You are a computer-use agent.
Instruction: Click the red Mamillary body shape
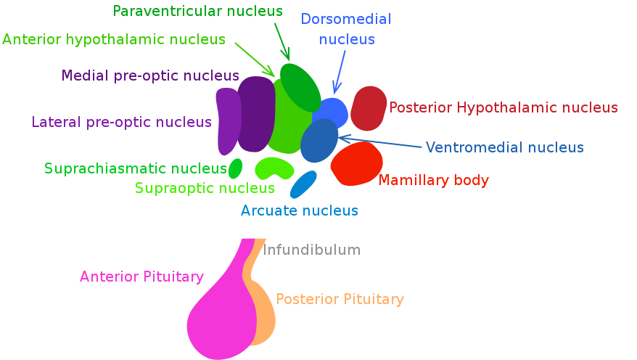pyautogui.click(x=356, y=164)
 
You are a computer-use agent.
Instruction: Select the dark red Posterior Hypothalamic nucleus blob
pyautogui.click(x=369, y=108)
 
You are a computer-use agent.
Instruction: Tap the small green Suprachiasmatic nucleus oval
pyautogui.click(x=235, y=169)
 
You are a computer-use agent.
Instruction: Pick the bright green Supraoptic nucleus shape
pyautogui.click(x=274, y=168)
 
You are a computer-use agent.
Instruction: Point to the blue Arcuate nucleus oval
pyautogui.click(x=303, y=184)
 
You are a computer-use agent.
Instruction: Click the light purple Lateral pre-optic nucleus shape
pyautogui.click(x=228, y=121)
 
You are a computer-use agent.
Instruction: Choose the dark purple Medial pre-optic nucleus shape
pyautogui.click(x=255, y=114)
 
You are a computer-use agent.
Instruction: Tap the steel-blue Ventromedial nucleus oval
pyautogui.click(x=319, y=141)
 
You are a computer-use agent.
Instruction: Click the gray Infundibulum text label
pyautogui.click(x=311, y=250)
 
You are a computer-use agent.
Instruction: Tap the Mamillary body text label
pyautogui.click(x=434, y=180)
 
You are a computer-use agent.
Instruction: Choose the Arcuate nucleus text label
pyautogui.click(x=300, y=210)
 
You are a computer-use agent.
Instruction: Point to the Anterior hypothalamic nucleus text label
pyautogui.click(x=114, y=39)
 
